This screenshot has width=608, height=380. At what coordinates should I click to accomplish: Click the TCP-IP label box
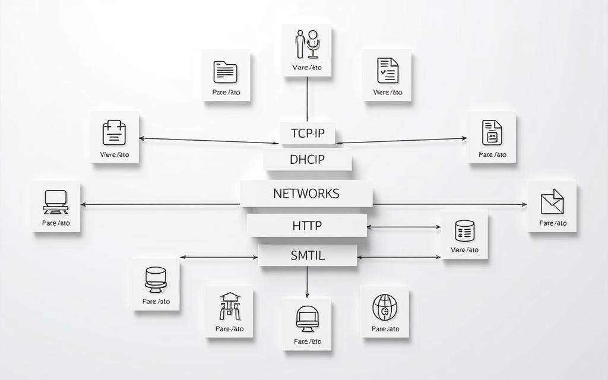[x=308, y=134]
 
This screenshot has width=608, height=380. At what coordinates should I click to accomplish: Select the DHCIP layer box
[x=308, y=160]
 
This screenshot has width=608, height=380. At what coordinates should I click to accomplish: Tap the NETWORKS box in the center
[x=306, y=194]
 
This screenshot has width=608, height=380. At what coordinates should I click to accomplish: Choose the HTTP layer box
[x=307, y=226]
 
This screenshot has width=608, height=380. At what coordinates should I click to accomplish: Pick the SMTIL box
[x=308, y=256]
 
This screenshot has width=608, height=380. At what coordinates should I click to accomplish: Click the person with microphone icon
[x=307, y=45]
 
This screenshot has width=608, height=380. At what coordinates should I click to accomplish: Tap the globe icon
[x=385, y=307]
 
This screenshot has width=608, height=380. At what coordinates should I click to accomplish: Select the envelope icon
[x=552, y=201]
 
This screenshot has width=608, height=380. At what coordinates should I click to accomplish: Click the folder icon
[x=226, y=72]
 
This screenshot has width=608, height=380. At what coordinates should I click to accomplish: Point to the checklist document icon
[x=387, y=70]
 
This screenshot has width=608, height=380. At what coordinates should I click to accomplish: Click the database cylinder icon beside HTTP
[x=464, y=230]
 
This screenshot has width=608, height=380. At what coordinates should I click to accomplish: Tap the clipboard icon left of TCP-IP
[x=115, y=133]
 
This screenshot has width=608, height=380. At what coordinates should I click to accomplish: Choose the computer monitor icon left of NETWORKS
[x=56, y=202]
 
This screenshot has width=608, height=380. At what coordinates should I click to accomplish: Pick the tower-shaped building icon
[x=230, y=306]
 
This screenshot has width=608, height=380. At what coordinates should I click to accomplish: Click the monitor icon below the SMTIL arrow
[x=307, y=319]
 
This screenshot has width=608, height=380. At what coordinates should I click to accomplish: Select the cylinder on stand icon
[x=156, y=279]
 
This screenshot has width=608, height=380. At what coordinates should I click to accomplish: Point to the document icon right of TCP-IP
[x=492, y=132]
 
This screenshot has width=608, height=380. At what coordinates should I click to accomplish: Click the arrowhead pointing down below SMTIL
[x=307, y=294]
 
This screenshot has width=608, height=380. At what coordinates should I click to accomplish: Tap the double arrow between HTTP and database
[x=404, y=227]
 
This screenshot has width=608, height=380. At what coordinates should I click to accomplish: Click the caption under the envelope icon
[x=552, y=223]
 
